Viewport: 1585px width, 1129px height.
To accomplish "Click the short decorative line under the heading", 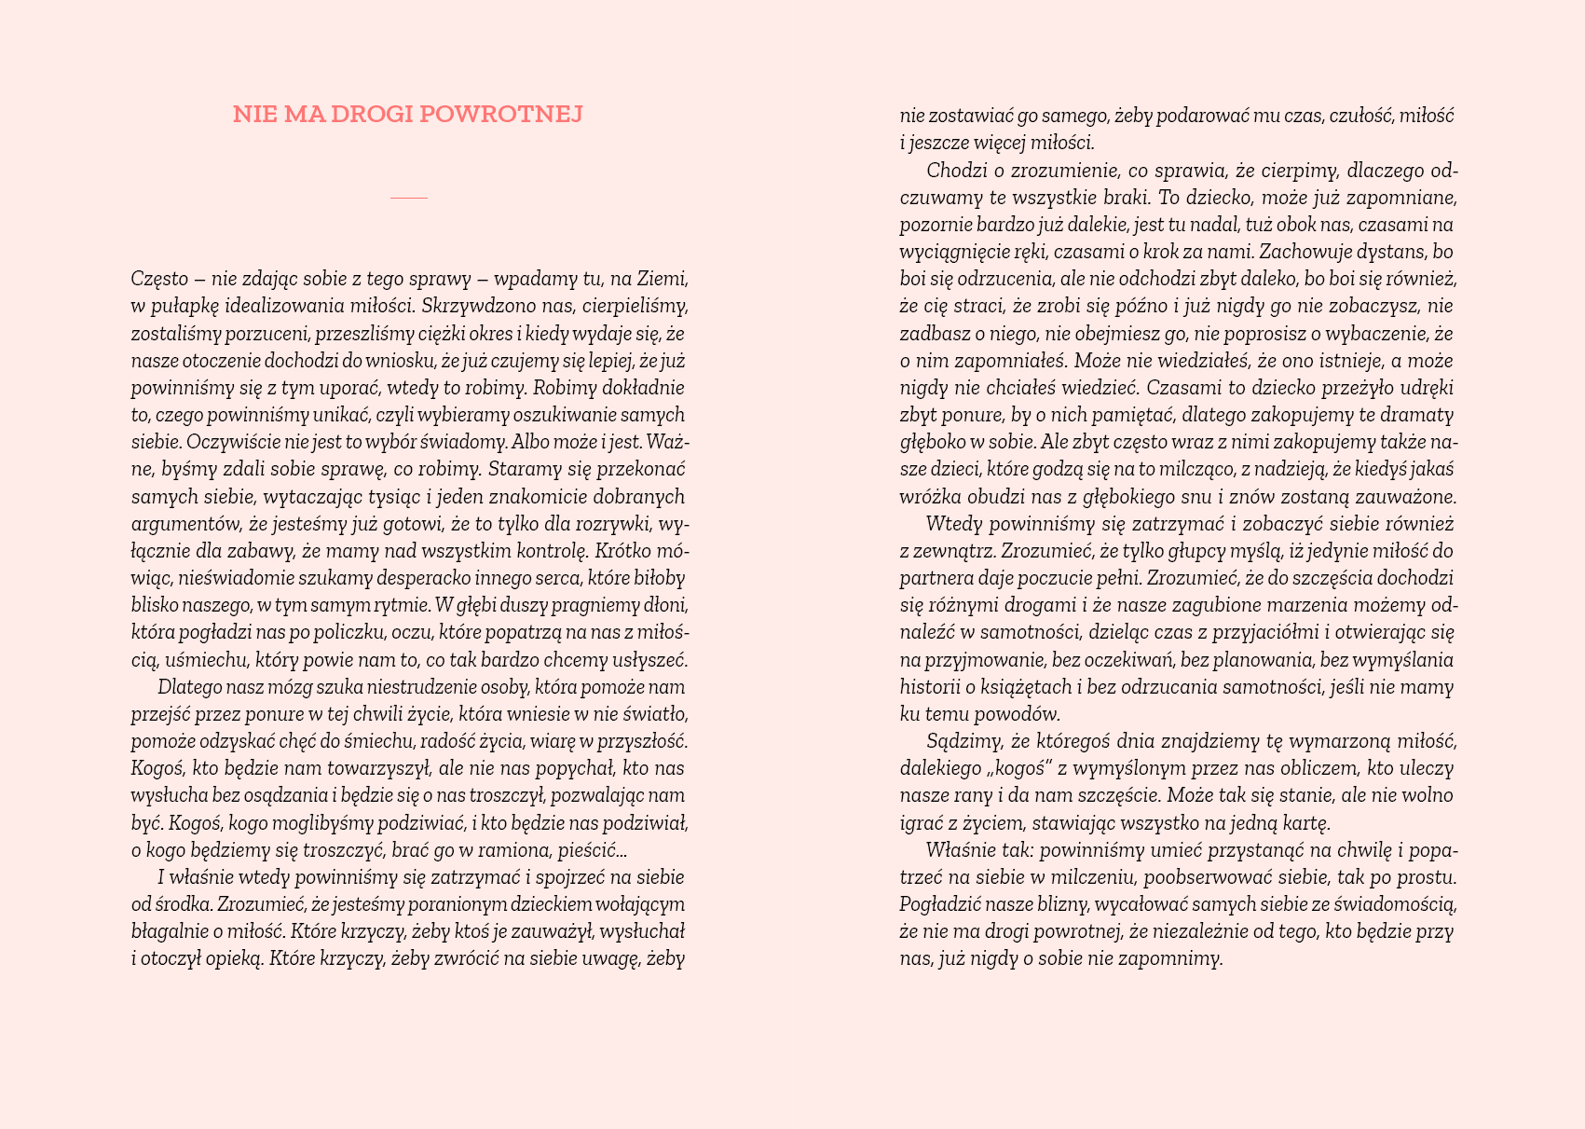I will [408, 198].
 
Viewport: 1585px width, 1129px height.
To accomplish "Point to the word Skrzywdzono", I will [475, 306].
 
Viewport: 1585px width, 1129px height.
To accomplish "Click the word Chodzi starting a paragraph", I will [952, 171].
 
